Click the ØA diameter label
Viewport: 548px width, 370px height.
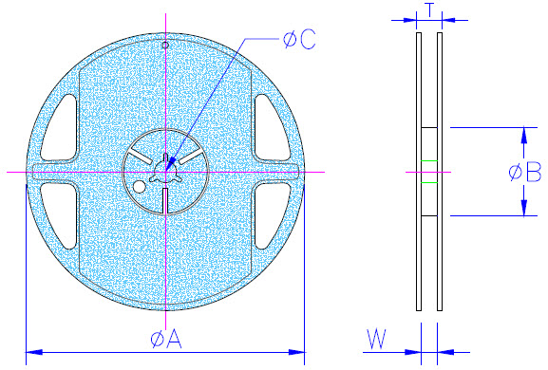(164, 338)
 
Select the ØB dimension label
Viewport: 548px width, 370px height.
(524, 173)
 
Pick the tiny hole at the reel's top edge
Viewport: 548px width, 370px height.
(165, 45)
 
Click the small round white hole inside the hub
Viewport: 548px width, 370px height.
(140, 186)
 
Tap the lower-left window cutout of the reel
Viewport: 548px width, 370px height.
(62, 215)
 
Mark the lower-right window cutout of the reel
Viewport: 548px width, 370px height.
(271, 215)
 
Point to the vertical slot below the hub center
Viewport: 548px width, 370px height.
(166, 200)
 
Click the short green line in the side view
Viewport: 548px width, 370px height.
(429, 182)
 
